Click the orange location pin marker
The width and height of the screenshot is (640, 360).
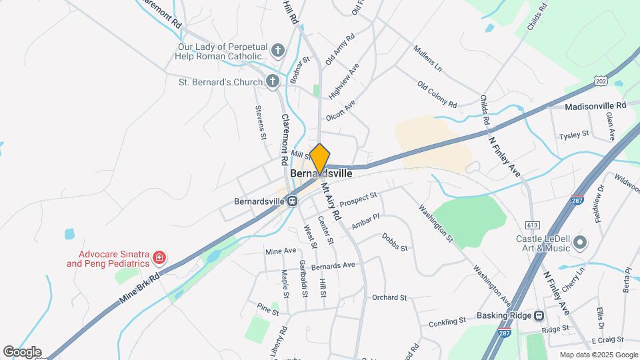coord(320,159)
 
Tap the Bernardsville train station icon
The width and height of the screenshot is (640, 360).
coord(293,201)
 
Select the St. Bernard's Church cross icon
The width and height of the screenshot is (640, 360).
coord(272,82)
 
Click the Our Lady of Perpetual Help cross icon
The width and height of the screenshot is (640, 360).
coord(278,50)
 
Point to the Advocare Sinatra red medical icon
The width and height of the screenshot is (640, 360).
coord(159,257)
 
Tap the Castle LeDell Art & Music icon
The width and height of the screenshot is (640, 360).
coord(579,242)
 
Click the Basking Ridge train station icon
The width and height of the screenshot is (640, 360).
coord(539,315)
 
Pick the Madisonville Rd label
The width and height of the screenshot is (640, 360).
coord(595,106)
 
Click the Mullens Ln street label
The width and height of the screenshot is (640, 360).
coord(428,59)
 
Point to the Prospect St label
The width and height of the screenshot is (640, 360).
coord(358,199)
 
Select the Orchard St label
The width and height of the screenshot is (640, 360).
coord(389,297)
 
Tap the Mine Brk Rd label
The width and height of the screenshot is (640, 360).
coord(141,288)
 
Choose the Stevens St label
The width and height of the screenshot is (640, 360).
coord(261,122)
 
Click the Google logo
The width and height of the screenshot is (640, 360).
coord(22,351)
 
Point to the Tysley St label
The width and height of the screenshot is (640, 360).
coord(574,134)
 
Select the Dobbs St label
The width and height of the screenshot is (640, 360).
coord(395,242)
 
